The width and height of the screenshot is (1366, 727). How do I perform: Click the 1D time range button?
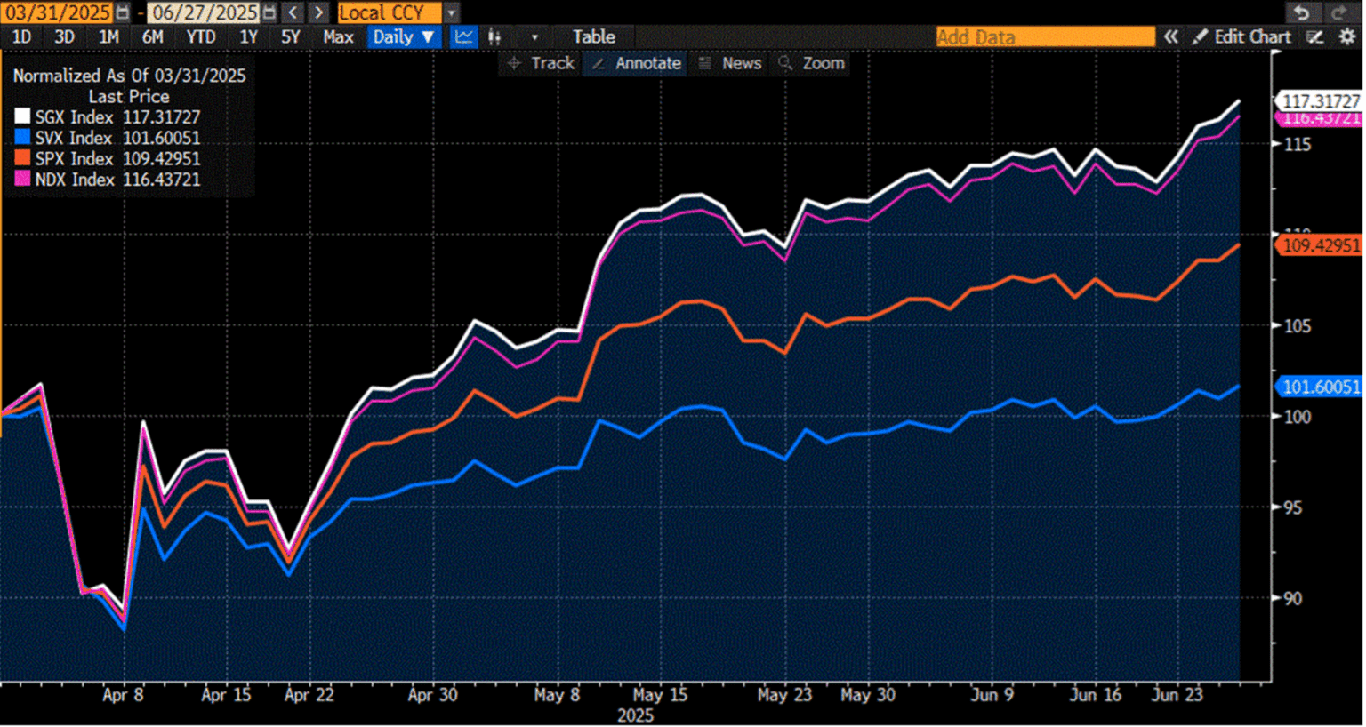(x=21, y=37)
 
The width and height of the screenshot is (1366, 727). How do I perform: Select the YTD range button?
(x=200, y=37)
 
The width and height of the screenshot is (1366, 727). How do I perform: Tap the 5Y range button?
(x=291, y=37)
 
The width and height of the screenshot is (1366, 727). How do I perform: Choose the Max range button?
(x=338, y=37)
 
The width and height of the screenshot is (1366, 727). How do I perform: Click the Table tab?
(x=593, y=37)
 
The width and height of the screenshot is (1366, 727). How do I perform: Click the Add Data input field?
(x=1044, y=37)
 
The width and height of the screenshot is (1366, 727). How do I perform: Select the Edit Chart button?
(x=1242, y=37)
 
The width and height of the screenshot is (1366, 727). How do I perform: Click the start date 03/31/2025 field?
(x=59, y=12)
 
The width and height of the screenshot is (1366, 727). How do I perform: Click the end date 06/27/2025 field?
(x=205, y=12)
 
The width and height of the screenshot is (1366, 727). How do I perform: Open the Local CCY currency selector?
(x=389, y=12)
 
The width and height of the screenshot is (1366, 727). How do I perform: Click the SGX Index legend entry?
(x=107, y=117)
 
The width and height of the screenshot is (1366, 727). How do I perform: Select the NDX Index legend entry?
(x=107, y=180)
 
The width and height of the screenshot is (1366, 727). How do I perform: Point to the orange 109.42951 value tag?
(x=1320, y=245)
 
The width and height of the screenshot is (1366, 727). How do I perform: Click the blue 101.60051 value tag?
(x=1320, y=387)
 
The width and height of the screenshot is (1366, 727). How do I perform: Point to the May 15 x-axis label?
(x=660, y=695)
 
